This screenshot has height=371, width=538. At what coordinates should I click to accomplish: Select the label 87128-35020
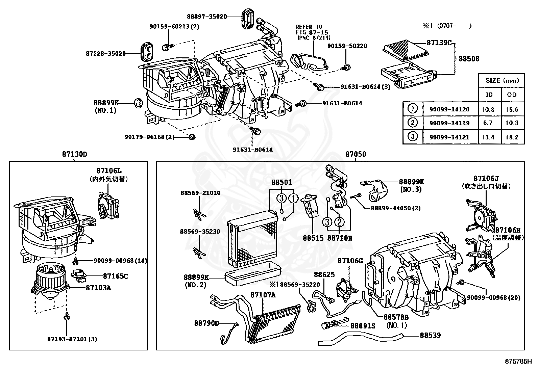click(105, 53)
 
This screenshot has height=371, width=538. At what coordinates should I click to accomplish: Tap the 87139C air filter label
click(439, 43)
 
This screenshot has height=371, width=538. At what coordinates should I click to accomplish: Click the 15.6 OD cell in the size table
click(512, 109)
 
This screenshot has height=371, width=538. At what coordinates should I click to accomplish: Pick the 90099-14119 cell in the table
click(449, 123)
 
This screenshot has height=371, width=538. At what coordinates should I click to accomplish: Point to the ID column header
click(489, 95)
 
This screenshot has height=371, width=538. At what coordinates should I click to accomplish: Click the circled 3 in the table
click(413, 136)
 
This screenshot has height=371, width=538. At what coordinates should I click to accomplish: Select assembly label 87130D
click(74, 155)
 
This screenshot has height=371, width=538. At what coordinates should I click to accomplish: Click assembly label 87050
click(356, 155)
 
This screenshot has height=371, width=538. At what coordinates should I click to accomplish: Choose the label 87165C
click(115, 276)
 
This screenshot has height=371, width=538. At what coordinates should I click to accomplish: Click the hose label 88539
click(430, 335)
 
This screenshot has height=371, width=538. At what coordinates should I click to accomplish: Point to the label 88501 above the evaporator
click(282, 182)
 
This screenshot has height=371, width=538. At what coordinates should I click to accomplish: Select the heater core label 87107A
click(263, 295)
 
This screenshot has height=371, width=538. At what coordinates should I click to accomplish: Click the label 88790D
click(206, 323)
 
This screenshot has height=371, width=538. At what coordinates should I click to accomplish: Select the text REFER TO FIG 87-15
click(309, 30)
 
